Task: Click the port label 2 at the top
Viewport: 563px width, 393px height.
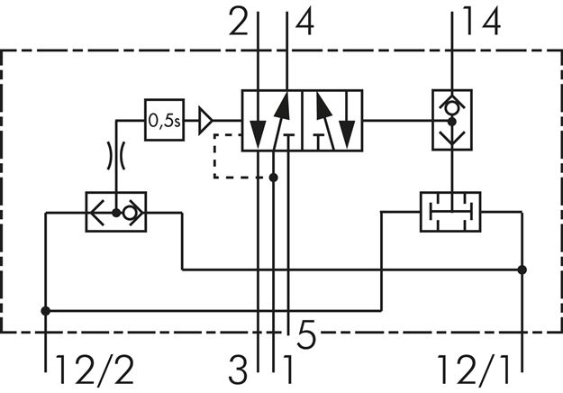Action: (x=239, y=23)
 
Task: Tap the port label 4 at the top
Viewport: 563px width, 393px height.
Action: (x=305, y=23)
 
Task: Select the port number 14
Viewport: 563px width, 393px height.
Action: (x=482, y=23)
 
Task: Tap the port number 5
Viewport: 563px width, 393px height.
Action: (x=306, y=337)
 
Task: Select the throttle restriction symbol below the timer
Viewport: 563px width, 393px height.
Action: (x=116, y=154)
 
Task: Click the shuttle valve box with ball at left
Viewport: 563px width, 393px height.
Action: (x=116, y=213)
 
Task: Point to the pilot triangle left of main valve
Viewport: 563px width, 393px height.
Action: (x=206, y=119)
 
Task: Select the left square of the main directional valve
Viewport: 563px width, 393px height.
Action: (x=271, y=119)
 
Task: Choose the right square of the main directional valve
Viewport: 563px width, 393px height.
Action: (x=331, y=119)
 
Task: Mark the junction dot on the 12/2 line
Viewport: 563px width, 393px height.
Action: (x=45, y=311)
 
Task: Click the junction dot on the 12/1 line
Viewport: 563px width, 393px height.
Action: (x=522, y=269)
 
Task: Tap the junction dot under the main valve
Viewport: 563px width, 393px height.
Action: (x=273, y=177)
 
